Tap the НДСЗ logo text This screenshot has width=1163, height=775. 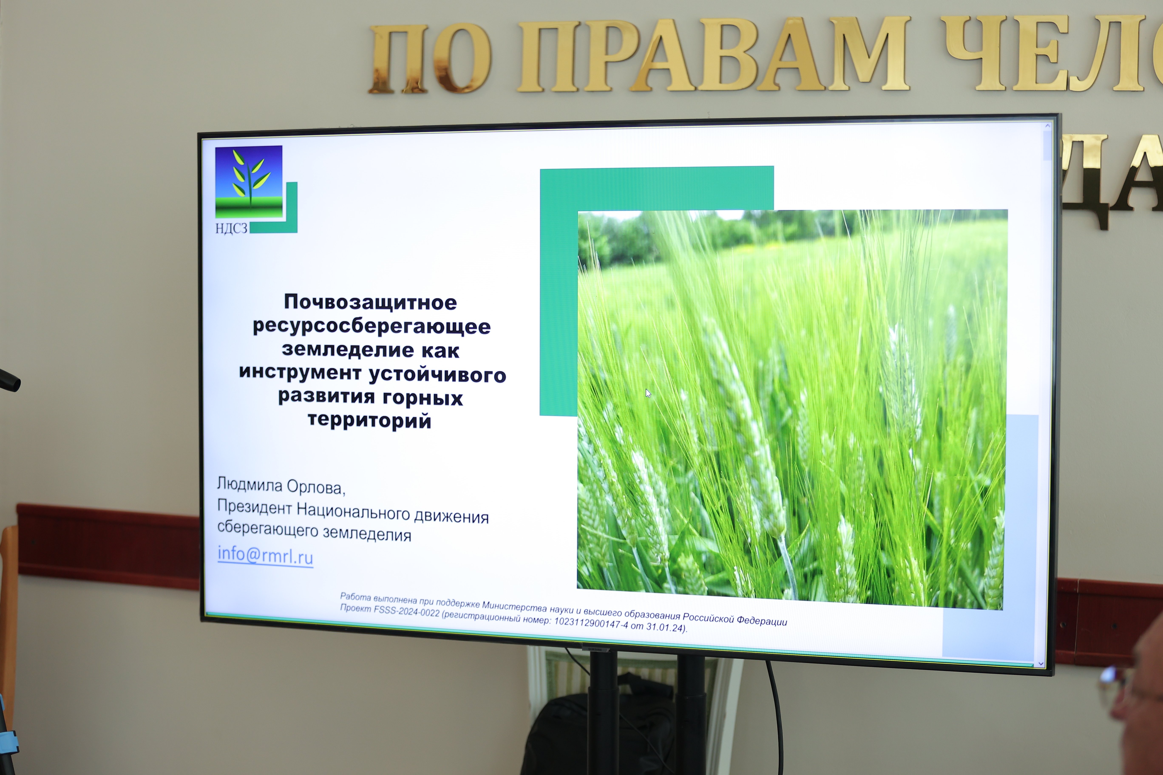[x=231, y=228]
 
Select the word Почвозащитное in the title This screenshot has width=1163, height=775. [x=370, y=302]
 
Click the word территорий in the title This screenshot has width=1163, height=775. [x=369, y=421]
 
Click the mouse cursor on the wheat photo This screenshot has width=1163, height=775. [x=648, y=393]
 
